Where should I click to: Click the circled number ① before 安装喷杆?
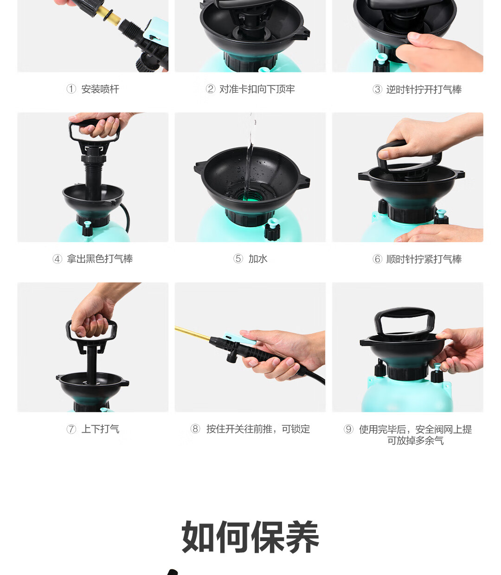71,89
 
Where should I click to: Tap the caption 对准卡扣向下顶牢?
257,89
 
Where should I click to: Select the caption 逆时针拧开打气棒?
424,89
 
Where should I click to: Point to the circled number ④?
57,259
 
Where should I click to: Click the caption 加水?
258,259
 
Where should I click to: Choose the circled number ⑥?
377,259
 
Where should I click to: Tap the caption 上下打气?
100,429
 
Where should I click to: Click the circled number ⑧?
195,429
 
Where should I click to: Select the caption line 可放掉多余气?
415,441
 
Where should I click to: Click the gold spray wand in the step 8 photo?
193,333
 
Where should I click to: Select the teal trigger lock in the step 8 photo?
239,339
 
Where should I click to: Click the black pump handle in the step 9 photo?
405,321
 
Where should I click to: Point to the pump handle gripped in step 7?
91,332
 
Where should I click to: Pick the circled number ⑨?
348,429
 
